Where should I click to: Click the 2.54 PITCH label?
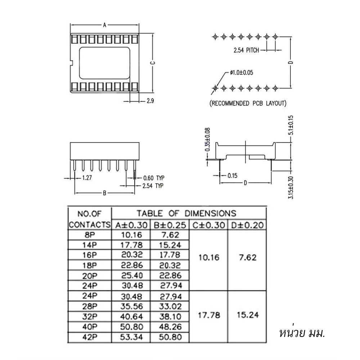tap(246, 50)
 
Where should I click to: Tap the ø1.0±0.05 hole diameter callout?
tap(241, 73)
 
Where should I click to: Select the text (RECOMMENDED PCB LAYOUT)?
tap(248, 104)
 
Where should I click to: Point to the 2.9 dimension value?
tap(150, 101)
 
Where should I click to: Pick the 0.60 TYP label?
tap(154, 178)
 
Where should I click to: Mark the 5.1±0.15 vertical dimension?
tap(291, 125)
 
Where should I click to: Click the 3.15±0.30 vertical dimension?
tap(291, 187)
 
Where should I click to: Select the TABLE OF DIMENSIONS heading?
tap(186, 213)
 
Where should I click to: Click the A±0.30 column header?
tap(131, 225)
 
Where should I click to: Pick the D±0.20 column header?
tap(247, 225)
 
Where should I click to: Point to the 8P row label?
tap(90, 235)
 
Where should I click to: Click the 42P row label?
tap(90, 337)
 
